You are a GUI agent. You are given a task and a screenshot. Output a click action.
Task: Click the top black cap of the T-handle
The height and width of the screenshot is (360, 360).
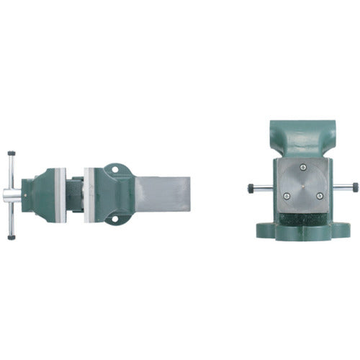tap(12, 153)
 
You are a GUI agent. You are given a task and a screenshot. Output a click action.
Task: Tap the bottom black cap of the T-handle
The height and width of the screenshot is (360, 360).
tap(12, 235)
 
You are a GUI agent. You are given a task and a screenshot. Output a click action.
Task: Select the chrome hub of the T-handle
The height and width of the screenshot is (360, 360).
tap(14, 194)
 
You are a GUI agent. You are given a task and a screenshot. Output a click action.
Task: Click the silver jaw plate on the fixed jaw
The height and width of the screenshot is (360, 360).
tap(86, 194)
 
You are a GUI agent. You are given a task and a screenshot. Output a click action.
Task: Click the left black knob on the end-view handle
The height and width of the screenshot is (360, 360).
tap(250, 189)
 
